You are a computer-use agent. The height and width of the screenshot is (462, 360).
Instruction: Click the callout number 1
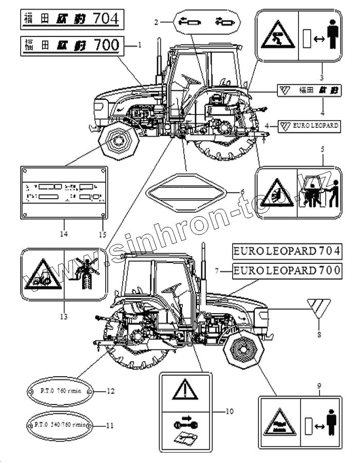click(139, 45)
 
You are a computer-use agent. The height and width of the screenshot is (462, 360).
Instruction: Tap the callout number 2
click(155, 22)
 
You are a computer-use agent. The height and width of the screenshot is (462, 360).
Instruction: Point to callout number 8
click(319, 335)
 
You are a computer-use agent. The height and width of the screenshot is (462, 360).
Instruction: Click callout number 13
click(63, 317)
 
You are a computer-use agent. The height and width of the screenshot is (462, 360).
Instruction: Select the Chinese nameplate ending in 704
click(71, 20)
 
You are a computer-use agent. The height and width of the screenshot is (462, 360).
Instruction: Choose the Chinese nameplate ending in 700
click(71, 45)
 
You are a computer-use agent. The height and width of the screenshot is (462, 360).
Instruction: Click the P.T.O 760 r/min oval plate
click(58, 392)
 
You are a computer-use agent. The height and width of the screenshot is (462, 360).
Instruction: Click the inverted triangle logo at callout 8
click(319, 308)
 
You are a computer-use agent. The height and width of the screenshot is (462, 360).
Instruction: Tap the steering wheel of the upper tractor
click(188, 78)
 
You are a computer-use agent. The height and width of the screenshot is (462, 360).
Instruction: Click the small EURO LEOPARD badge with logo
click(309, 125)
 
